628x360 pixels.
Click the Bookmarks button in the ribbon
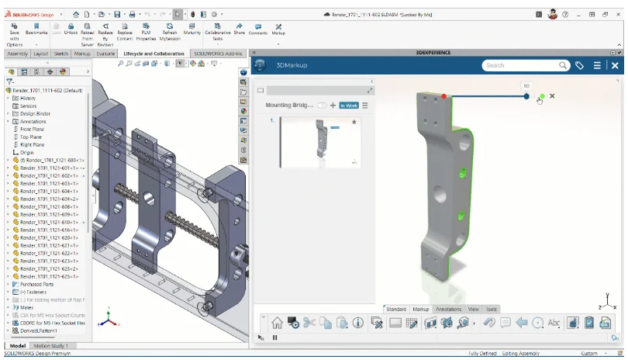click(36, 29)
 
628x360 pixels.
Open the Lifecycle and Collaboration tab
click(154, 54)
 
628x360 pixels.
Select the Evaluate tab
click(105, 54)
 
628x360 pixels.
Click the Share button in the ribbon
click(239, 29)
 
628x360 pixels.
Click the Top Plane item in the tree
click(30, 137)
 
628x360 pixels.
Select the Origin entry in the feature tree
click(27, 152)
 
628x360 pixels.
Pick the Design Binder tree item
click(35, 113)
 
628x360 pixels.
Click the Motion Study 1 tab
click(50, 345)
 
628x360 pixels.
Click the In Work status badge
click(348, 106)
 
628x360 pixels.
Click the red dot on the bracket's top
click(444, 96)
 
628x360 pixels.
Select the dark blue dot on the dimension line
click(526, 96)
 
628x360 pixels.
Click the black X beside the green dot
click(552, 96)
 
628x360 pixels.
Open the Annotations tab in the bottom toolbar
click(448, 309)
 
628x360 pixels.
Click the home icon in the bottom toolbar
click(277, 323)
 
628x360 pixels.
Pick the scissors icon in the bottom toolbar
click(309, 323)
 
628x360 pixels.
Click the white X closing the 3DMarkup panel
click(615, 66)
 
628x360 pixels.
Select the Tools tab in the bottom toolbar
click(492, 309)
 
